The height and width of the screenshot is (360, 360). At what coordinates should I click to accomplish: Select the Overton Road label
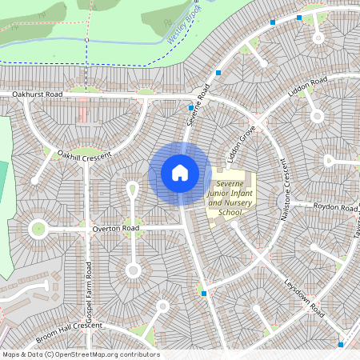tap(115, 229)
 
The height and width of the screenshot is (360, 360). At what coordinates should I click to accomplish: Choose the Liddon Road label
tap(308, 87)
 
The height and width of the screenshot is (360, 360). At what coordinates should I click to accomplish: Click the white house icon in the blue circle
tap(180, 173)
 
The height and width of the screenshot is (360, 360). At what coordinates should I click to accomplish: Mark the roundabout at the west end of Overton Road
tap(38, 230)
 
